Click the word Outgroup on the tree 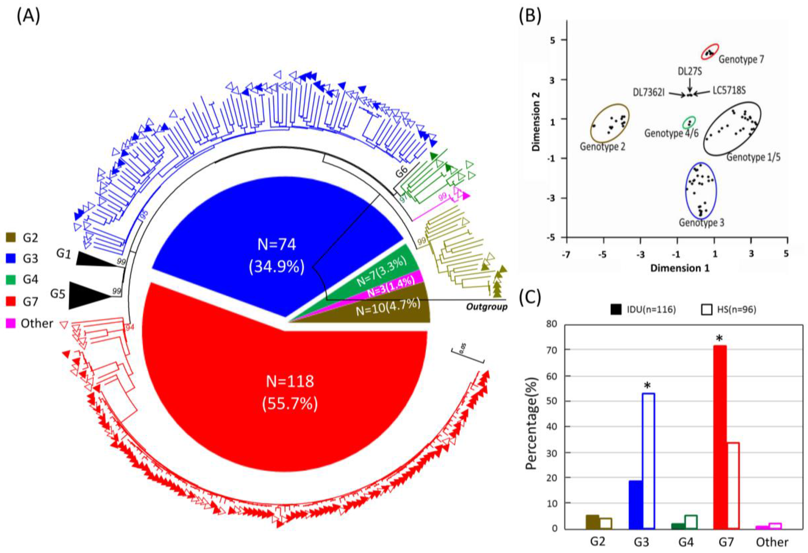coord(486,307)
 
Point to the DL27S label coord(690,71)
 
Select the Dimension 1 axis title coord(680,268)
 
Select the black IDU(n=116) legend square coord(616,309)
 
